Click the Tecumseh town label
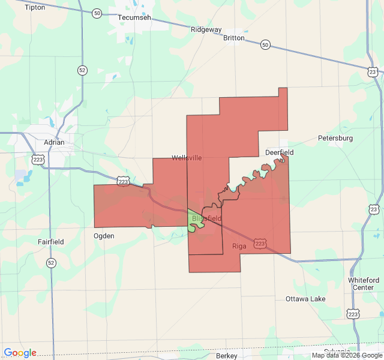134,18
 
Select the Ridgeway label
206,29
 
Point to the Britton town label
233,38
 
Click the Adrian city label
54,143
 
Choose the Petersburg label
335,138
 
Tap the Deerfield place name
280,152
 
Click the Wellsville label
187,158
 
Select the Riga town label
239,246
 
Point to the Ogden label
104,236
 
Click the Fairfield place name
51,242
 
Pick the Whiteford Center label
364,284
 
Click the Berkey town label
227,356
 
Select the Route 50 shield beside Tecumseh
97,13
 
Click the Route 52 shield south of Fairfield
51,263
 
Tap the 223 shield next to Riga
259,243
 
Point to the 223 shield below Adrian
38,160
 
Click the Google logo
20,353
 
